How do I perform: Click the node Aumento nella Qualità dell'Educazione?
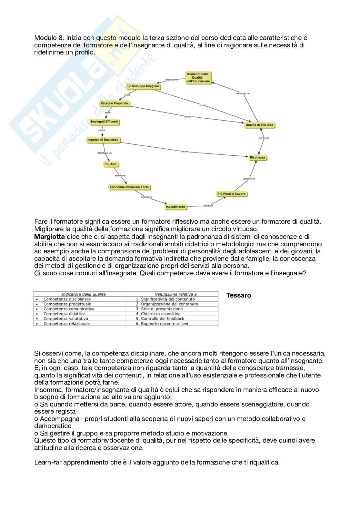click(198, 78)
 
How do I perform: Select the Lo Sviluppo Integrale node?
click(143, 86)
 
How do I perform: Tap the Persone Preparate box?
click(115, 103)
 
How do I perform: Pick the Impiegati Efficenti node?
click(105, 122)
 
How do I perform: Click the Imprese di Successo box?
click(103, 140)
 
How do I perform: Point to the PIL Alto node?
click(110, 164)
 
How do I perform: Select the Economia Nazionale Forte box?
click(129, 187)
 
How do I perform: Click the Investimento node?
click(175, 207)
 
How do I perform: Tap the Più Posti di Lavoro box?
click(231, 194)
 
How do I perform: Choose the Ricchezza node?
click(257, 158)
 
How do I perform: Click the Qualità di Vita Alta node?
click(259, 125)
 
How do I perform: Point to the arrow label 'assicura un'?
click(243, 93)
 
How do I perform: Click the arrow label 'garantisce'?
click(249, 179)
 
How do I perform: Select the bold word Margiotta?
click(49, 237)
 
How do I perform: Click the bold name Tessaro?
click(238, 295)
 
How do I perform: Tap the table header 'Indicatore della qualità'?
click(83, 294)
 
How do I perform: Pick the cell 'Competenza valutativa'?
click(65, 318)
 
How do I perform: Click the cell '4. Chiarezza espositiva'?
click(158, 314)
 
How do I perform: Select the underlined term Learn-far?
click(48, 462)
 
